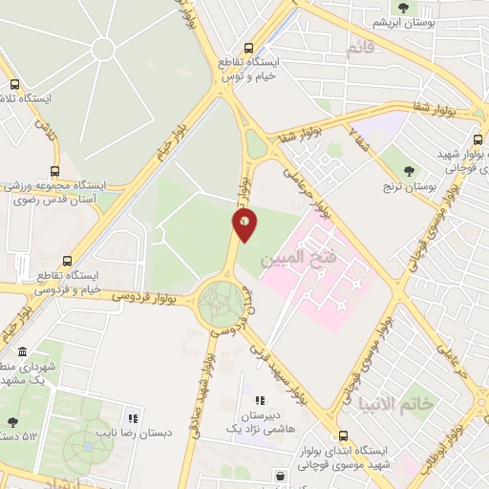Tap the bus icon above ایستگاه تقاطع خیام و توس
[250, 48]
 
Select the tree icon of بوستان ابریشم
[404, 8]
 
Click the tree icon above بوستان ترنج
[410, 172]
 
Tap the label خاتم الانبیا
[426, 405]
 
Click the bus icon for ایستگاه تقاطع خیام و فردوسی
[67, 260]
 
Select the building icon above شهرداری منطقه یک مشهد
[23, 353]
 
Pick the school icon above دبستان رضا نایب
[133, 418]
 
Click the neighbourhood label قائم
[356, 49]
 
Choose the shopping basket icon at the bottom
[280, 476]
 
